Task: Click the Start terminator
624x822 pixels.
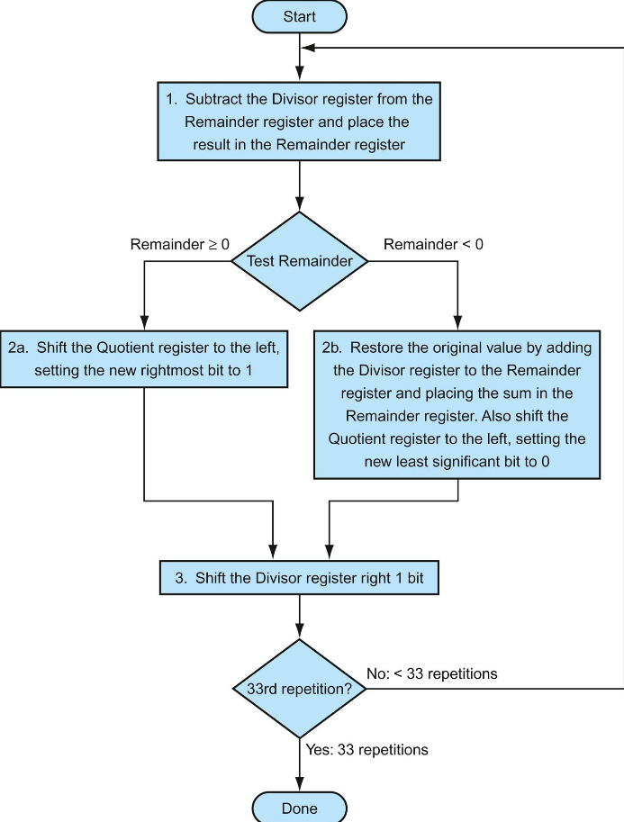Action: [x=299, y=16]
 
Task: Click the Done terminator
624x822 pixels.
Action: [x=299, y=808]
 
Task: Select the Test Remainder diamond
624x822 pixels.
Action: [x=299, y=261]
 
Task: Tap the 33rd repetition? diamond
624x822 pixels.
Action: [x=299, y=689]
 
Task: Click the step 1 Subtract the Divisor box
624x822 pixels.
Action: [x=299, y=122]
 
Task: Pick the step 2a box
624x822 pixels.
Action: [x=144, y=358]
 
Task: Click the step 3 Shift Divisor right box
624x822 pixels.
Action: [x=299, y=578]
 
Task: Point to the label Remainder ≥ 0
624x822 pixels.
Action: [x=180, y=244]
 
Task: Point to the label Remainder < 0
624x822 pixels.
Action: [x=433, y=244]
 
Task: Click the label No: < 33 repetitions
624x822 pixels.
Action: [x=432, y=673]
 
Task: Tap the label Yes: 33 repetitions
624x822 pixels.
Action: [x=366, y=749]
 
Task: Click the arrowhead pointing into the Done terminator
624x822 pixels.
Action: [x=299, y=786]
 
